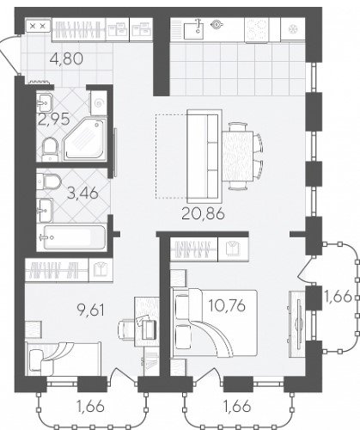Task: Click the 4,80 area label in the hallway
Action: click(66, 59)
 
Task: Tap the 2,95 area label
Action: click(54, 120)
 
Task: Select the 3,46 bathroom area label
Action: click(82, 193)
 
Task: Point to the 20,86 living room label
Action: click(203, 213)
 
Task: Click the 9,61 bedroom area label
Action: click(90, 310)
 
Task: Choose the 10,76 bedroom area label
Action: click(227, 305)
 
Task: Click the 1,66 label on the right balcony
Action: click(338, 297)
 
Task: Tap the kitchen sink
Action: click(193, 30)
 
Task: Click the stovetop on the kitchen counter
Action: click(256, 30)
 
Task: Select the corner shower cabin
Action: click(85, 140)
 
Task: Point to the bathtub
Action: click(74, 237)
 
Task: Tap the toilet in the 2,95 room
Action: click(50, 150)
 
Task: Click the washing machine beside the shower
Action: click(98, 103)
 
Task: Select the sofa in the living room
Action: click(204, 154)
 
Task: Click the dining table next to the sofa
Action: click(238, 156)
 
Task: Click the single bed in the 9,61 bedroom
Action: click(64, 359)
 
